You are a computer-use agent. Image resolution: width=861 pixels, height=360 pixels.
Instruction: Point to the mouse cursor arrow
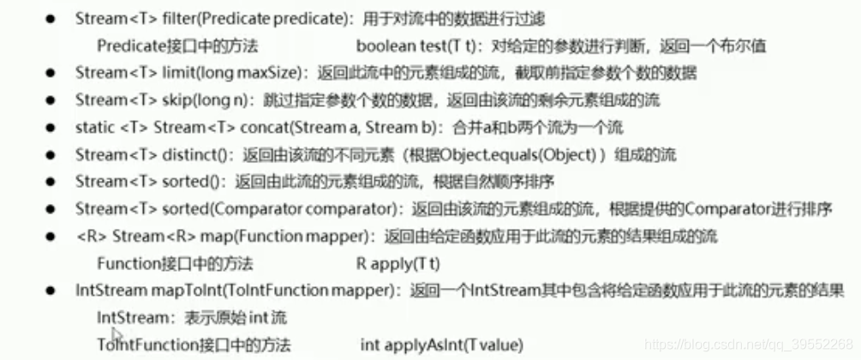point(117,336)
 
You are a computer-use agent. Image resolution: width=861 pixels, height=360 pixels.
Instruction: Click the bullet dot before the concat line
point(51,128)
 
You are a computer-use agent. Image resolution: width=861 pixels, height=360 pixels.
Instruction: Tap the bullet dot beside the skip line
point(51,100)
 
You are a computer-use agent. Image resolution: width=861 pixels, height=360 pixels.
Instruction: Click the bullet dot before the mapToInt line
point(51,291)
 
